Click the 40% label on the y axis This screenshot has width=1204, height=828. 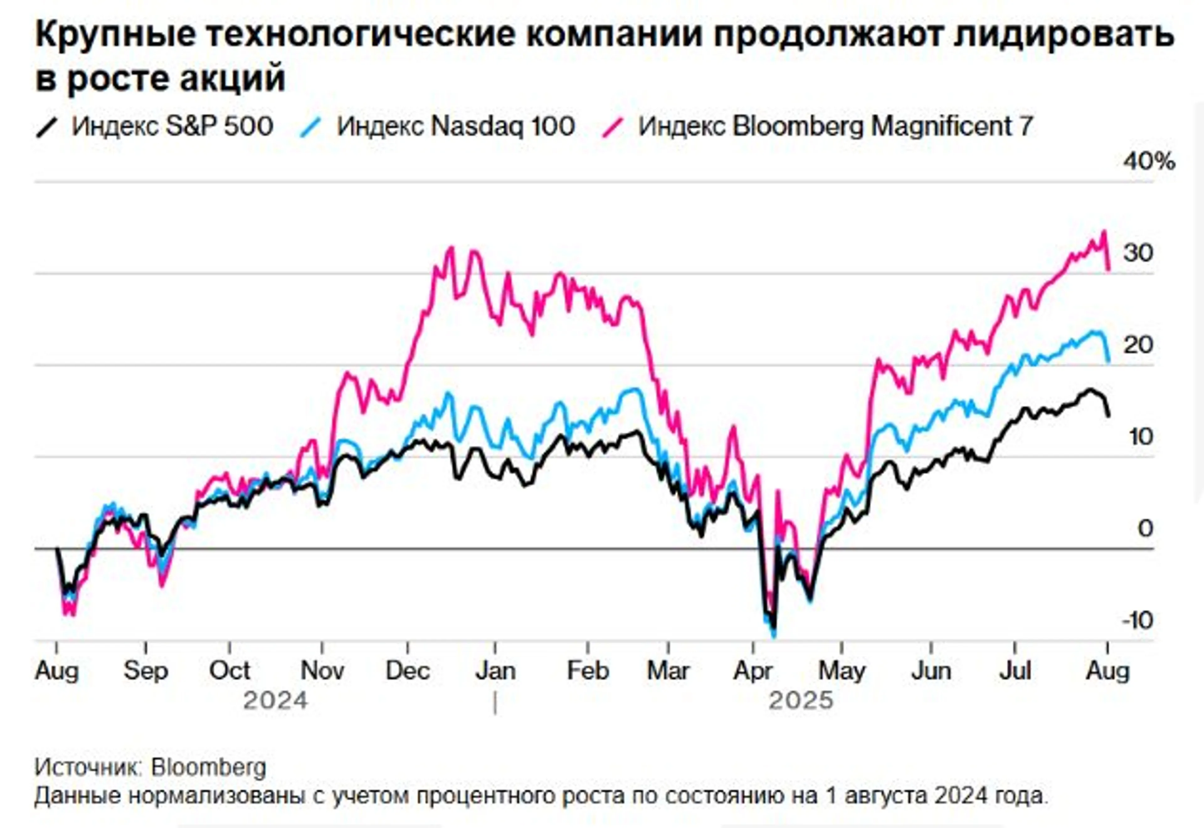click(1149, 162)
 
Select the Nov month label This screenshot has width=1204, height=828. click(322, 671)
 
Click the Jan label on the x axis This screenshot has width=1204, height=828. click(495, 671)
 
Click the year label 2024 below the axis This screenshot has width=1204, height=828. click(276, 701)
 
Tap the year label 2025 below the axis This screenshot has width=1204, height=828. click(800, 701)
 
